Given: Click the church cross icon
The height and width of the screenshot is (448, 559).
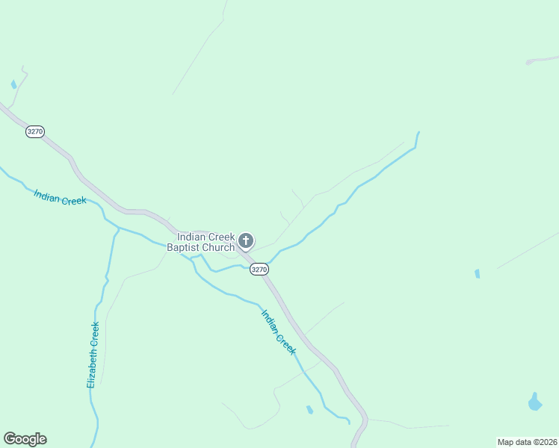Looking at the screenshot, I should coord(246,241).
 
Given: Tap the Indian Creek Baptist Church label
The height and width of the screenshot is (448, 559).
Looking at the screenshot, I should coord(206,242).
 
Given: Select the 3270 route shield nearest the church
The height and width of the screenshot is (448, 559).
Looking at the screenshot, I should coord(259,270).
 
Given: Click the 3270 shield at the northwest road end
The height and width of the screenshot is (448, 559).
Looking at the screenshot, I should coord(35,131).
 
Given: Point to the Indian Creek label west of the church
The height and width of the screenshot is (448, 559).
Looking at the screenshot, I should coord(61,197).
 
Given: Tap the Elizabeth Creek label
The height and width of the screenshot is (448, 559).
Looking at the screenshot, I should coord(93,355).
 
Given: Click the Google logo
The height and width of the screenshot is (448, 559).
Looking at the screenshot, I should coord(25,439).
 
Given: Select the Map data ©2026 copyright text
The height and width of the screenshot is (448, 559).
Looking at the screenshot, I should coord(527,442).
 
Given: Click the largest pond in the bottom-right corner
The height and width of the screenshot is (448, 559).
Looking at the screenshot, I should coord(534,402).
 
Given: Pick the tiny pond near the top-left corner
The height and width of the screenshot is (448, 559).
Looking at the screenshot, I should coord(13,84).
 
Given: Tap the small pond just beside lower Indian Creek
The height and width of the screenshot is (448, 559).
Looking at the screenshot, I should coord(309,409).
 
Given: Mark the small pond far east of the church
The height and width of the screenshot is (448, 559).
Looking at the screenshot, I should coord(477,274).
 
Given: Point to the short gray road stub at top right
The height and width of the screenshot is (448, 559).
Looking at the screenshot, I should coord(542,59).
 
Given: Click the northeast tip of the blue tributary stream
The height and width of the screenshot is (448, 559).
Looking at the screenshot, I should coord(418,133).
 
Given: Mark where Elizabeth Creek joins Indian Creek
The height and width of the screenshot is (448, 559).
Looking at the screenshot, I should coord(118,228).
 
